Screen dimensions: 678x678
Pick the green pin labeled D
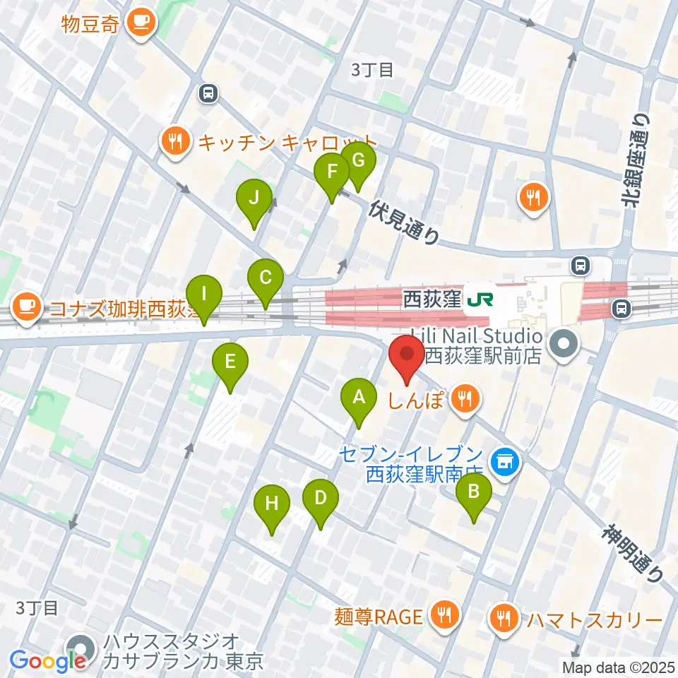pos(321,499)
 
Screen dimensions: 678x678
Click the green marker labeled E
pos(230,364)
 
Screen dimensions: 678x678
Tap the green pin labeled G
pos(358,162)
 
